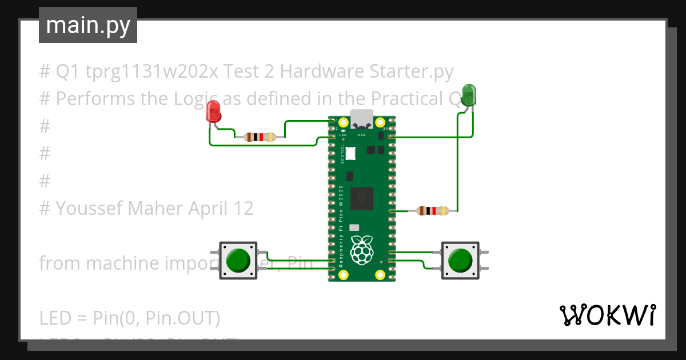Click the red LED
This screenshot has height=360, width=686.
pos(213,111)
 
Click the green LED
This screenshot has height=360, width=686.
pos(469,94)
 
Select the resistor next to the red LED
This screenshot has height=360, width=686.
pos(260,137)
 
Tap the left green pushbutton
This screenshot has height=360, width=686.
pos(238,260)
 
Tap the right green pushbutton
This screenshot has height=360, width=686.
pos(460,260)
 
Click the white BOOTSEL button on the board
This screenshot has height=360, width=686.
pos(350,153)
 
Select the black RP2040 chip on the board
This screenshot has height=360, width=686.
pos(362,198)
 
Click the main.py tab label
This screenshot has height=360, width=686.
pos(88,25)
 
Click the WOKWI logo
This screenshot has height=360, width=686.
pos(607,315)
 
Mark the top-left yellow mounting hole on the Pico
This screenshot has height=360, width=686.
pos(343,122)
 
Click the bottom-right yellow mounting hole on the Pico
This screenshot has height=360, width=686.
pos(380,275)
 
